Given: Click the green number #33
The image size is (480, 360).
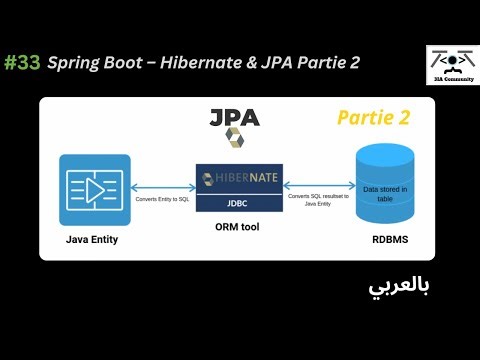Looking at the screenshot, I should click(x=22, y=62).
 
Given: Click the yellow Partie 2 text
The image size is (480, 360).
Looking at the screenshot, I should click(x=373, y=118).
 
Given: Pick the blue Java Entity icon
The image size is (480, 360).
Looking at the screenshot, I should click(x=95, y=189).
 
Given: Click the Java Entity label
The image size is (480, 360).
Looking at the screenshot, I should click(x=95, y=240).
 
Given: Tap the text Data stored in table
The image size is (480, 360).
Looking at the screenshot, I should click(x=385, y=193).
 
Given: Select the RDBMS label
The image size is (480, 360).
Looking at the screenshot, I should click(x=385, y=240).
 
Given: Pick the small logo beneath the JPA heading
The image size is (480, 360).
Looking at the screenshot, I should click(x=234, y=138).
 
